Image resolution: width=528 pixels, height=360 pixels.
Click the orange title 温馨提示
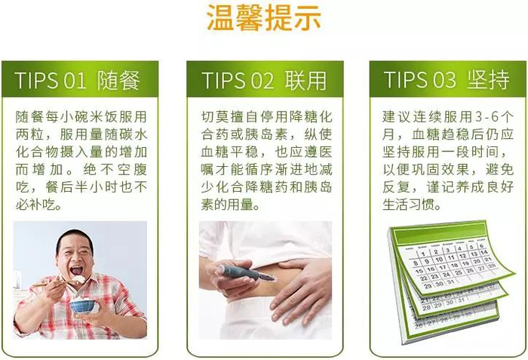[264, 18]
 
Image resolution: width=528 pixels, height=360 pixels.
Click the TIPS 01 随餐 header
[77, 80]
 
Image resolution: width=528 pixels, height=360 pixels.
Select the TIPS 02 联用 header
[264, 80]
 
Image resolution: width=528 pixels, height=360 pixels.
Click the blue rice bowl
[82, 305]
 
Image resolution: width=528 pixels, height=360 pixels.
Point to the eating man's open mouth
[76, 270]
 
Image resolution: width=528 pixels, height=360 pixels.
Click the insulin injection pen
[247, 272]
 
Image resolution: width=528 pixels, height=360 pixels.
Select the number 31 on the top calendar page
[450, 282]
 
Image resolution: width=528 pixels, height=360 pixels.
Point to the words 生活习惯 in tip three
[408, 205]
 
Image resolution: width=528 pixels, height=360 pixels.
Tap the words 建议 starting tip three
[396, 117]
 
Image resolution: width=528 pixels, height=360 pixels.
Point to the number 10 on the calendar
[439, 260]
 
